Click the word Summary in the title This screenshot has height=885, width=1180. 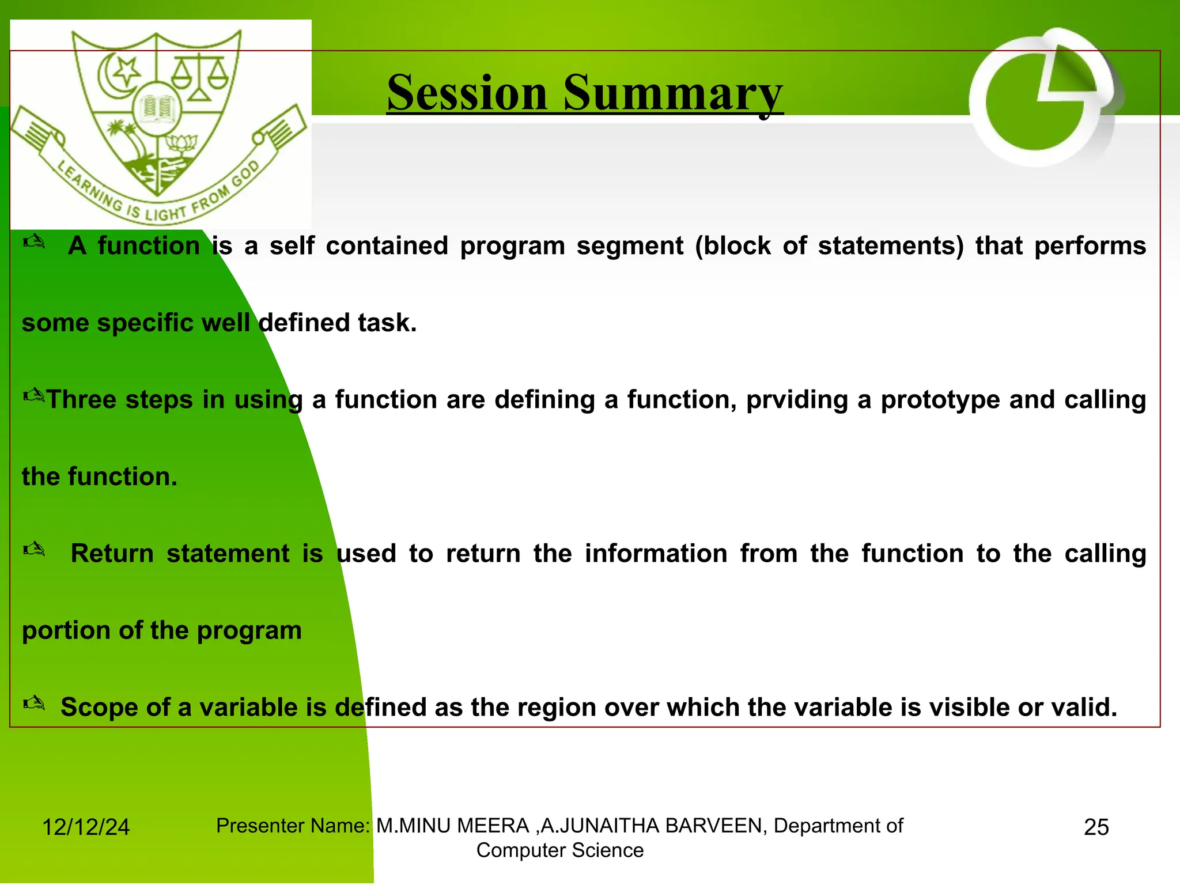[672, 93]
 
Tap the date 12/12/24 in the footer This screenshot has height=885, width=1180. [86, 827]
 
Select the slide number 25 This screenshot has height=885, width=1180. [1096, 827]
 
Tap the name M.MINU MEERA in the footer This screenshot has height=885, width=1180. [452, 826]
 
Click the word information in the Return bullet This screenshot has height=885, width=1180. [656, 554]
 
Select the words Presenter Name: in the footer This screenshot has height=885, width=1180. [293, 826]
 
